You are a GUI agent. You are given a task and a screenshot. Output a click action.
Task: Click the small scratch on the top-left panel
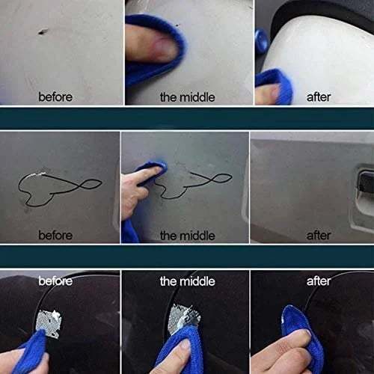click(x=42, y=31)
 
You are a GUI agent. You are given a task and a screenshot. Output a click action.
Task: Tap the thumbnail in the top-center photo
click(x=163, y=49)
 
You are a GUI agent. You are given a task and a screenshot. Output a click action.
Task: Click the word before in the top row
click(x=56, y=96)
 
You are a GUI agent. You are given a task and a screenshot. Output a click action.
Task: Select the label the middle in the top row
click(x=187, y=96)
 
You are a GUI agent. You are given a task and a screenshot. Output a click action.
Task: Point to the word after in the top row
click(x=319, y=96)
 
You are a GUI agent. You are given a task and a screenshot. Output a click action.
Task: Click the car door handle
click(x=363, y=181)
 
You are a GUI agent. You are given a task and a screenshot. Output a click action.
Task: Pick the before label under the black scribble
click(x=56, y=235)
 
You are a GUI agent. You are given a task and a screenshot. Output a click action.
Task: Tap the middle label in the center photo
click(x=187, y=235)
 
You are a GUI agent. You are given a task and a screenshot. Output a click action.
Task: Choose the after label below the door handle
click(x=319, y=235)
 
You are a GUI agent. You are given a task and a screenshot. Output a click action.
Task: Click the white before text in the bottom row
click(x=56, y=281)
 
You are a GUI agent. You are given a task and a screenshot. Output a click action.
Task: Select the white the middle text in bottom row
click(x=187, y=281)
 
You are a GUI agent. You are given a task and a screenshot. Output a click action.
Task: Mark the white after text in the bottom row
click(x=319, y=281)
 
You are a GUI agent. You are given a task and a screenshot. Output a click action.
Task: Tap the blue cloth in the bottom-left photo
click(x=30, y=352)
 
